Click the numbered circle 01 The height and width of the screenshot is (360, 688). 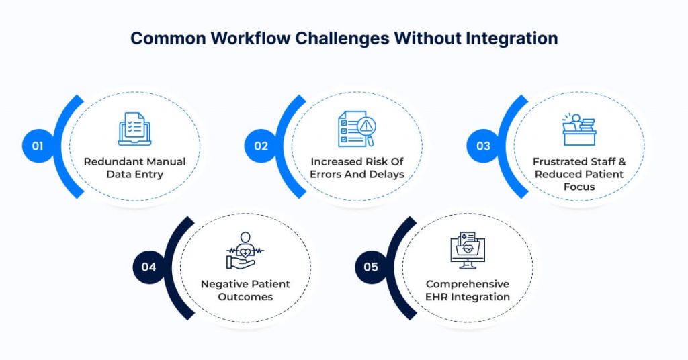[x=38, y=146]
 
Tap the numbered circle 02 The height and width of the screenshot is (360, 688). [x=260, y=146]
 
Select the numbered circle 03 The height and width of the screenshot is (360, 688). [x=483, y=146]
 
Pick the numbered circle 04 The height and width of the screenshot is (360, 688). [x=148, y=267]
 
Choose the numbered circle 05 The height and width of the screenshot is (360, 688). [x=371, y=267]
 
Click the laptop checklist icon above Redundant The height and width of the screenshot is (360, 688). [x=134, y=128]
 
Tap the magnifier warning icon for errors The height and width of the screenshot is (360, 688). [x=357, y=128]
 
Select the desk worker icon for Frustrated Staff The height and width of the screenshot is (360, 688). [x=578, y=129]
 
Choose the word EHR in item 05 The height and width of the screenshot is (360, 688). [x=439, y=296]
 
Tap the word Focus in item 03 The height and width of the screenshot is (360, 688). [x=578, y=187]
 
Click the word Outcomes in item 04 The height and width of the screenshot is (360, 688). [x=245, y=296]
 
